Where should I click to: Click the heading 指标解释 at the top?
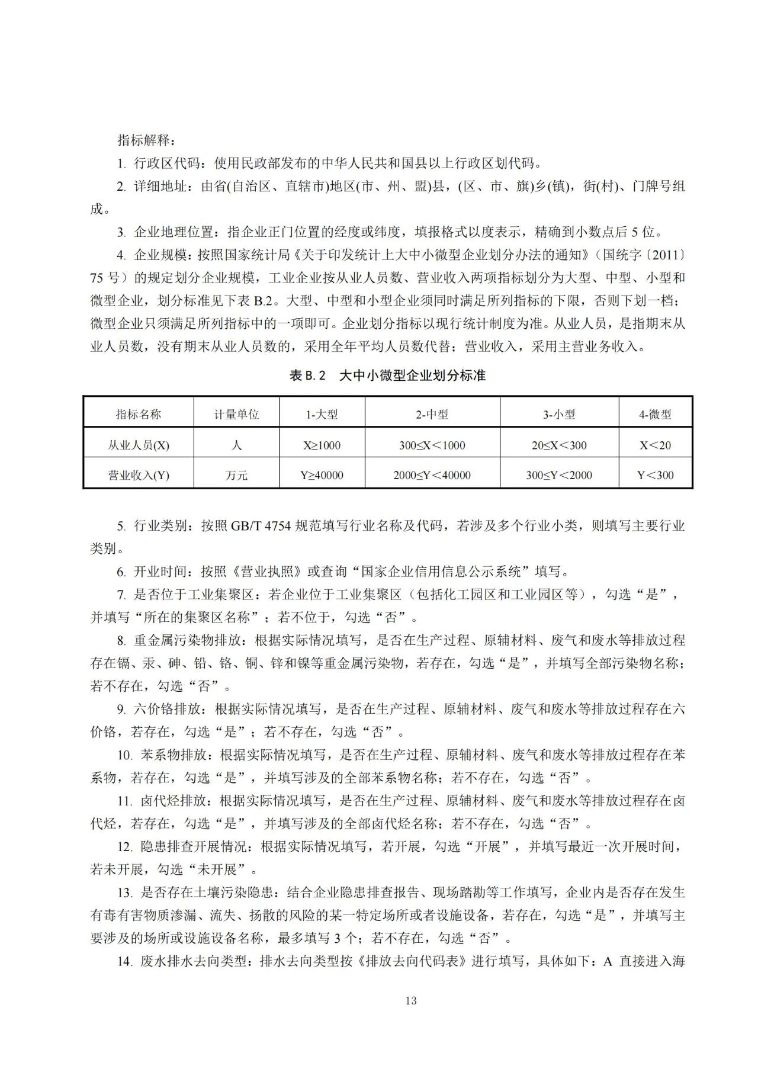[146, 140]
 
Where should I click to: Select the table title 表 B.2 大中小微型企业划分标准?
[387, 375]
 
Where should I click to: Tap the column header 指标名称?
[139, 415]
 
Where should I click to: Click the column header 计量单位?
[236, 415]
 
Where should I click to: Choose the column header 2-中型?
[432, 415]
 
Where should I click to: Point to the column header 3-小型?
[559, 415]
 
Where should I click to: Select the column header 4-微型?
[655, 415]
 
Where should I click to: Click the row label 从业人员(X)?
[139, 445]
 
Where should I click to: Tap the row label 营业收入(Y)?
[139, 475]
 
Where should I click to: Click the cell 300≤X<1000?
[432, 445]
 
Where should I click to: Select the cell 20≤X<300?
[559, 445]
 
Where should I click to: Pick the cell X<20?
[655, 445]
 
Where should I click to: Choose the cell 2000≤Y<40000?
[432, 475]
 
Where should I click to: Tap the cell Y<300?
[655, 475]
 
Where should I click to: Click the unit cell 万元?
[236, 475]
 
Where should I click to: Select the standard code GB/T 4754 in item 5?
[261, 526]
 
